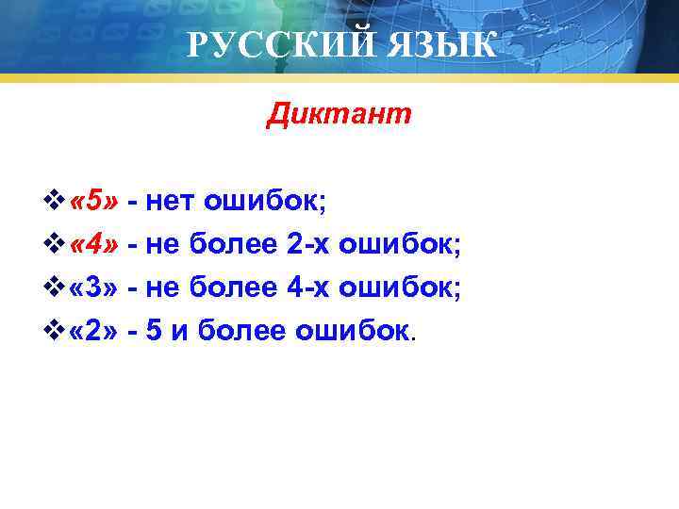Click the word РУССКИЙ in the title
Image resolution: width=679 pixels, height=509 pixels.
267,44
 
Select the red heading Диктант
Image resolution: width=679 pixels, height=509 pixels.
339,115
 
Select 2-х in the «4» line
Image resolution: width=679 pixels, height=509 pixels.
305,244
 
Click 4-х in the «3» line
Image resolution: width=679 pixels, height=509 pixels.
305,287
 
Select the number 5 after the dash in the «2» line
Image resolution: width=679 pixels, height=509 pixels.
154,331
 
